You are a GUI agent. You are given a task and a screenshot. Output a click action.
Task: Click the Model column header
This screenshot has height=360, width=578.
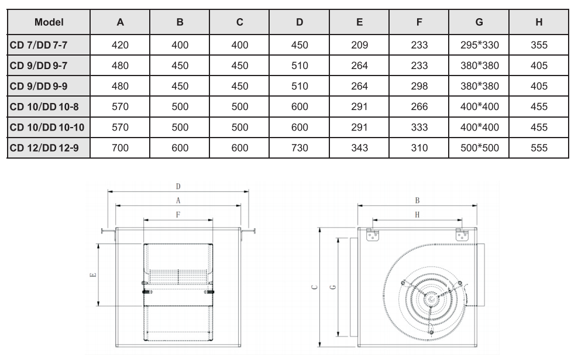pos(49,22)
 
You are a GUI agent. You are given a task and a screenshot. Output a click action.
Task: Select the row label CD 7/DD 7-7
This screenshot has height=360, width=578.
pos(39,45)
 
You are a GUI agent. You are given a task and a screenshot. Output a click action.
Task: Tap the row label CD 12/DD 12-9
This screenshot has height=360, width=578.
pos(44,148)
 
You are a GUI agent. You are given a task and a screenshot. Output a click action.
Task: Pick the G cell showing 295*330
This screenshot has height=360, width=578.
pos(479,45)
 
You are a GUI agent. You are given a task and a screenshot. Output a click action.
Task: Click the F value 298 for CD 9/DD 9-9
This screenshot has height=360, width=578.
pos(419,86)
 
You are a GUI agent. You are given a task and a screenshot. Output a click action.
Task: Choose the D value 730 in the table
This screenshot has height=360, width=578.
pos(300,148)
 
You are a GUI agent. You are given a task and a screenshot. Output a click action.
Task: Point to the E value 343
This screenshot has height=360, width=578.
pos(359,148)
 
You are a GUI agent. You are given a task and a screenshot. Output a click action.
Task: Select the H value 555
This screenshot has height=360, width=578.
pos(539,148)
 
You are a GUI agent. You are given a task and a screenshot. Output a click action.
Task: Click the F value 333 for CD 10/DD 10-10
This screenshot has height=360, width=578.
pos(419,127)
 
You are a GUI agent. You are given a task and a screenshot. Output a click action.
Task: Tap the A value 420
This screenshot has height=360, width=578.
pos(120,45)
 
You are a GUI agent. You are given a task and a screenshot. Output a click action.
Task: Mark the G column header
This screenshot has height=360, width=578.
pos(479,22)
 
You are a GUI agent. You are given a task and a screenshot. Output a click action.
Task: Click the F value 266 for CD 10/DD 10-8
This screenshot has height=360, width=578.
pos(419,107)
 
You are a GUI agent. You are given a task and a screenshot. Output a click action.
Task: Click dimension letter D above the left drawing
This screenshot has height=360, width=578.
pos(178,187)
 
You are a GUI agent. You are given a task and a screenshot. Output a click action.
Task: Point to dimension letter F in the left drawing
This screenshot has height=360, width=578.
pos(178,215)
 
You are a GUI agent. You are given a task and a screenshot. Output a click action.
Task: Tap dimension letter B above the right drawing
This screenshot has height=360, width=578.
pos(417,201)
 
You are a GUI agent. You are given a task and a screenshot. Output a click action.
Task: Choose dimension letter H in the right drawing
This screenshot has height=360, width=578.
pos(417,215)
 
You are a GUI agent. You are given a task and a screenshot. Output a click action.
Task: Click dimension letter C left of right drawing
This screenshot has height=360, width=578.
pos(314,287)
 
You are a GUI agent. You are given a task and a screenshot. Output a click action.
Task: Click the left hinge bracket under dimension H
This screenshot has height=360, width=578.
pos(372,235)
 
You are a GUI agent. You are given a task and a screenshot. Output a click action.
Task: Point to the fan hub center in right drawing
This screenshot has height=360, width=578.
pos(430,300)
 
